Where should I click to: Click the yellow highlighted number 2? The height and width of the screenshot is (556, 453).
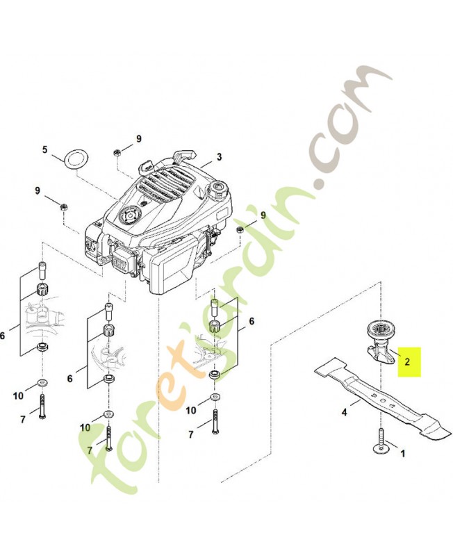point(407,361)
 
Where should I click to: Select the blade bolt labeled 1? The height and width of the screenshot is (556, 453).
point(381,441)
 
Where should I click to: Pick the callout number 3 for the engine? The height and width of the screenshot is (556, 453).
point(220,157)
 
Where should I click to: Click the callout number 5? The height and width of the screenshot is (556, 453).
point(44,149)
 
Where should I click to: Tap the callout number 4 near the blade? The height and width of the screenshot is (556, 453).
point(344,412)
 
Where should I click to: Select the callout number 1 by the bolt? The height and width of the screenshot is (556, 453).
point(402,454)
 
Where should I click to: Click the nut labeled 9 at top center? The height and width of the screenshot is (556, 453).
point(116,152)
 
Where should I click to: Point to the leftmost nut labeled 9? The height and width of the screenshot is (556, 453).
point(64,206)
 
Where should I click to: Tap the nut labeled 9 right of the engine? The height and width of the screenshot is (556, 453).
point(240,229)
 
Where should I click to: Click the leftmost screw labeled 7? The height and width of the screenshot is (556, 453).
point(43,406)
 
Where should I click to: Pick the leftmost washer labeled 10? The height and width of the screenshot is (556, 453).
point(42,384)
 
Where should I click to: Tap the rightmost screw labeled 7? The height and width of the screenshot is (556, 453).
point(215,421)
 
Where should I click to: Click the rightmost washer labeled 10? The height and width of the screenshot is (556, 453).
point(214,397)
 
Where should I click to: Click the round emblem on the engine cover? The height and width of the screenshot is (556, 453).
point(129,215)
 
